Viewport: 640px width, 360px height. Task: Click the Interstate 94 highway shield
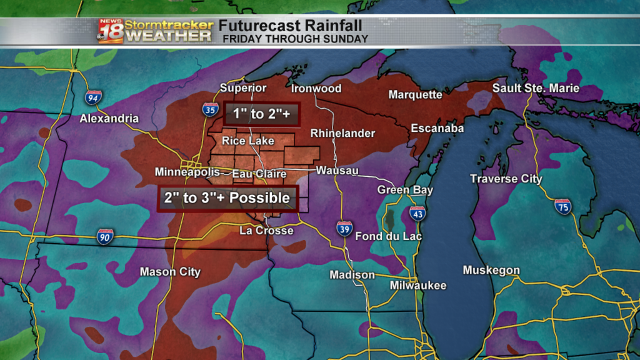point(93,97)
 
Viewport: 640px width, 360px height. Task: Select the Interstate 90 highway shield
point(105,236)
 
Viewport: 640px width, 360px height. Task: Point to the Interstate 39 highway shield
point(344,228)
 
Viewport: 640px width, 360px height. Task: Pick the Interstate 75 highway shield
point(562,206)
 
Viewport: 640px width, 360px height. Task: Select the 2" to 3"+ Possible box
point(227,198)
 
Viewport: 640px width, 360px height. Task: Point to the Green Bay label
point(405,190)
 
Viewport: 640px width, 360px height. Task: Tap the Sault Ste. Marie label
point(536,88)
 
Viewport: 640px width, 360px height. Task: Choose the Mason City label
point(170,272)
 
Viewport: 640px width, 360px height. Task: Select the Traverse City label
point(506,179)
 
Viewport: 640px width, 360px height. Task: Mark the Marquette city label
point(415,95)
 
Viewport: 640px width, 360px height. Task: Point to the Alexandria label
point(109,118)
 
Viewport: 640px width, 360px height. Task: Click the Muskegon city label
point(491,271)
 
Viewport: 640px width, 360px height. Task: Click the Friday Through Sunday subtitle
point(296,39)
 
